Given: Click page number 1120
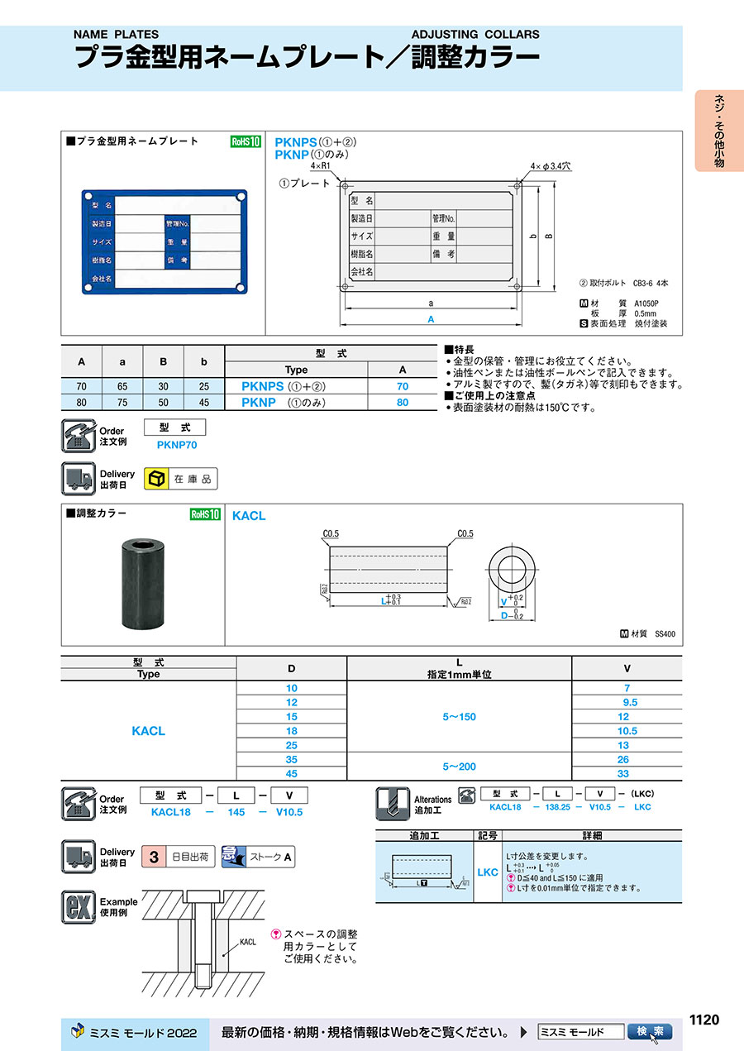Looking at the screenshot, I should [703, 1020].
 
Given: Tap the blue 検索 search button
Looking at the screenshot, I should [649, 1032].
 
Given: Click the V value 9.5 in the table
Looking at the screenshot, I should [627, 702].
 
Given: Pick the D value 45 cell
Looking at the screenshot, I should [292, 773].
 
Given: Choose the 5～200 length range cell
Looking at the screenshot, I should [459, 767].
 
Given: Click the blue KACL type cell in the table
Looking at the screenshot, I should [149, 731].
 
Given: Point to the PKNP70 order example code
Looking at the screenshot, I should [177, 445].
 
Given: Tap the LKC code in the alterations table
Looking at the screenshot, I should [488, 872].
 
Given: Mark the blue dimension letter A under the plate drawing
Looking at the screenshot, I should [431, 319].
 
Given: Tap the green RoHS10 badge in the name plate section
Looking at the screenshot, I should [245, 141].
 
